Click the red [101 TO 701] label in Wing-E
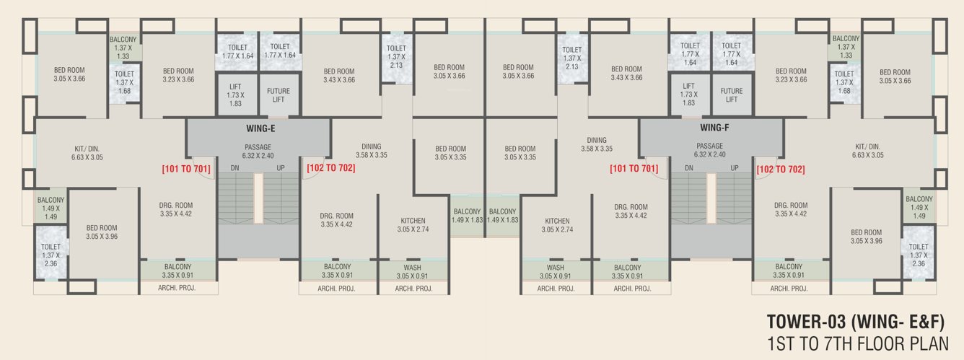[x=187, y=169]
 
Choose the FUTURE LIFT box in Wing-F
[x=731, y=95]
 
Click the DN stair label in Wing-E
[x=235, y=168]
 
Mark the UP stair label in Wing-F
[x=734, y=168]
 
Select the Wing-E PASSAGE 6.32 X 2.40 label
[x=258, y=151]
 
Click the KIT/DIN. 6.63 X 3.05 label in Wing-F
[x=869, y=151]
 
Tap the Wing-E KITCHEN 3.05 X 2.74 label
[x=413, y=225]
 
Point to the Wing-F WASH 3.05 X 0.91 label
[x=556, y=271]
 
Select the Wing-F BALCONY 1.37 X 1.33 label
[x=846, y=47]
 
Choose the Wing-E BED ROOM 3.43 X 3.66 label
[x=339, y=76]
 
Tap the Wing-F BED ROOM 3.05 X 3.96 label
[x=866, y=237]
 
